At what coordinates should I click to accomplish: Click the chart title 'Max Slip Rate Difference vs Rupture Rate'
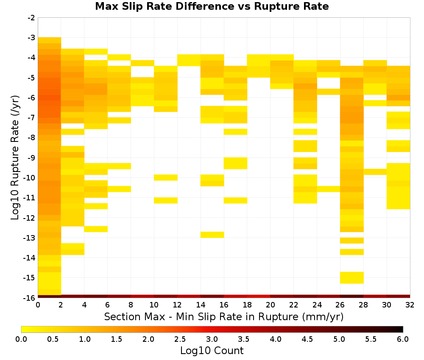(x=212, y=6)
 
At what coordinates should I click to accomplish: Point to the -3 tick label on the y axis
(x=31, y=38)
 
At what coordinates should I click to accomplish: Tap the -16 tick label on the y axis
(x=30, y=298)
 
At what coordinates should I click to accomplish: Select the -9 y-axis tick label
(x=31, y=158)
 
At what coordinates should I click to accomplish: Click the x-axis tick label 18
(x=247, y=305)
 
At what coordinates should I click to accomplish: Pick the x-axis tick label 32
(x=410, y=305)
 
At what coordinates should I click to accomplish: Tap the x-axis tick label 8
(x=131, y=305)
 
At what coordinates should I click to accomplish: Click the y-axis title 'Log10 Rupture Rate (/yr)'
(x=15, y=158)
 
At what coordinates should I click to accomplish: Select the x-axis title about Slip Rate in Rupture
(x=224, y=317)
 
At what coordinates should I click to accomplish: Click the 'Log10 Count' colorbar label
(x=212, y=351)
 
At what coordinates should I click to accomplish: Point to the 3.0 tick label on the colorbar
(x=212, y=339)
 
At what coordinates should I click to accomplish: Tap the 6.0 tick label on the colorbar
(x=403, y=339)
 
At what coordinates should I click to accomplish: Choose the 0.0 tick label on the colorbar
(x=21, y=339)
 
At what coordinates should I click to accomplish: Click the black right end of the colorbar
(x=401, y=329)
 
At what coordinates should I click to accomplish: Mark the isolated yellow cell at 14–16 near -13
(x=212, y=235)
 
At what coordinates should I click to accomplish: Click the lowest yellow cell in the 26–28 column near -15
(x=352, y=278)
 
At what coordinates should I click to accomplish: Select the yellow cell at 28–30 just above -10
(x=375, y=172)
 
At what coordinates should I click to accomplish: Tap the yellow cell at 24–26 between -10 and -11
(x=329, y=189)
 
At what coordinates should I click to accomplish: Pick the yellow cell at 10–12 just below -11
(x=166, y=200)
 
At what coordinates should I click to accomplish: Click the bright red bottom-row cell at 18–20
(x=259, y=296)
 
